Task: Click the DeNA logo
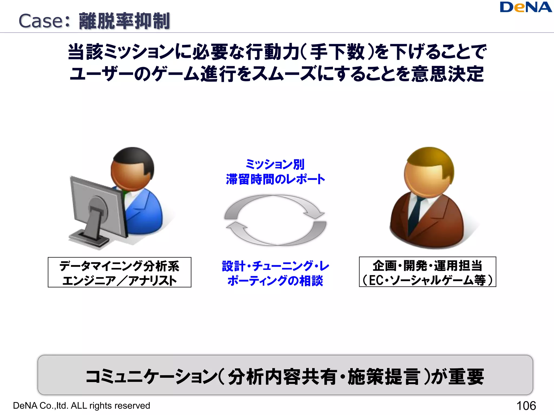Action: click(526, 7)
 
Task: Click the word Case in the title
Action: click(41, 21)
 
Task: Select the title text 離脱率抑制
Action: click(124, 21)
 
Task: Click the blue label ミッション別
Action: click(275, 164)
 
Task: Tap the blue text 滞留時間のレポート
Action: click(275, 179)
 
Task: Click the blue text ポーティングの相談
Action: click(275, 281)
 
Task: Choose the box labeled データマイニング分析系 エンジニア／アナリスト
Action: click(119, 272)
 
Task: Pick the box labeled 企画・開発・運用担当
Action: click(427, 272)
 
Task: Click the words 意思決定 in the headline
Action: click(448, 74)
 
